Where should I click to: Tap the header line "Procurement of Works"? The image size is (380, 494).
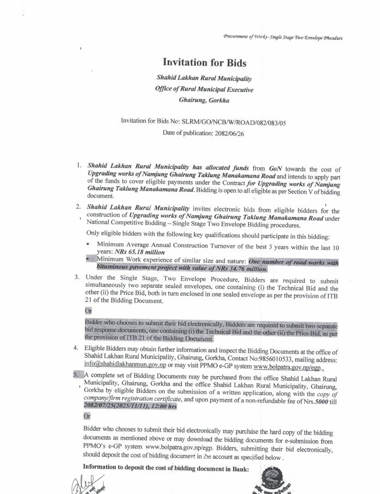tap(283, 37)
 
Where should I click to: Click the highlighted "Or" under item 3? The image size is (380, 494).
tap(88, 312)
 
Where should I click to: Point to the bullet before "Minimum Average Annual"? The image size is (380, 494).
tap(89, 245)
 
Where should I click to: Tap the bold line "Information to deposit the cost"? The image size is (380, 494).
tap(165, 467)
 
